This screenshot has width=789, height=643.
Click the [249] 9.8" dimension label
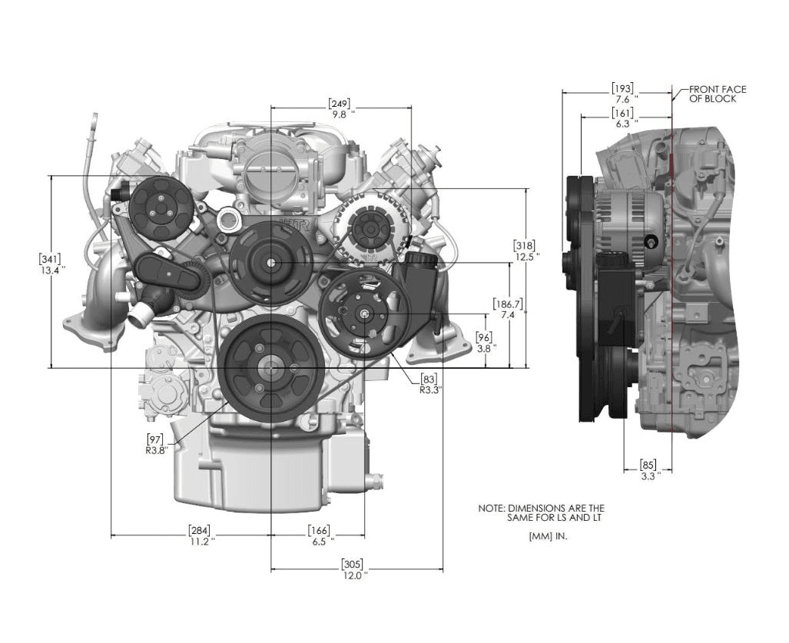[x=340, y=108]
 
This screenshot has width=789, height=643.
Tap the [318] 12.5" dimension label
[x=525, y=250]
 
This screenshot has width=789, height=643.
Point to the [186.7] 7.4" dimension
[x=508, y=309]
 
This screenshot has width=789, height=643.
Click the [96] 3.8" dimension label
[x=485, y=342]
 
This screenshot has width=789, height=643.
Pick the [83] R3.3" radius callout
[x=430, y=384]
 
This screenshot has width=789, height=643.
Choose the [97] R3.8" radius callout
[x=157, y=444]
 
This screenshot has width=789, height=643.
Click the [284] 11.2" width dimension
[x=199, y=535]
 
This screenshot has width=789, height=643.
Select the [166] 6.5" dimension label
[x=319, y=535]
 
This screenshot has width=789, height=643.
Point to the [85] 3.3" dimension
[x=648, y=469]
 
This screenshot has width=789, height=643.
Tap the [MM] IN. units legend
[x=548, y=536]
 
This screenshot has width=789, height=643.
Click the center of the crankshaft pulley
[x=270, y=368]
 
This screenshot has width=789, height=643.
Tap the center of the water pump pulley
[x=271, y=263]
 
